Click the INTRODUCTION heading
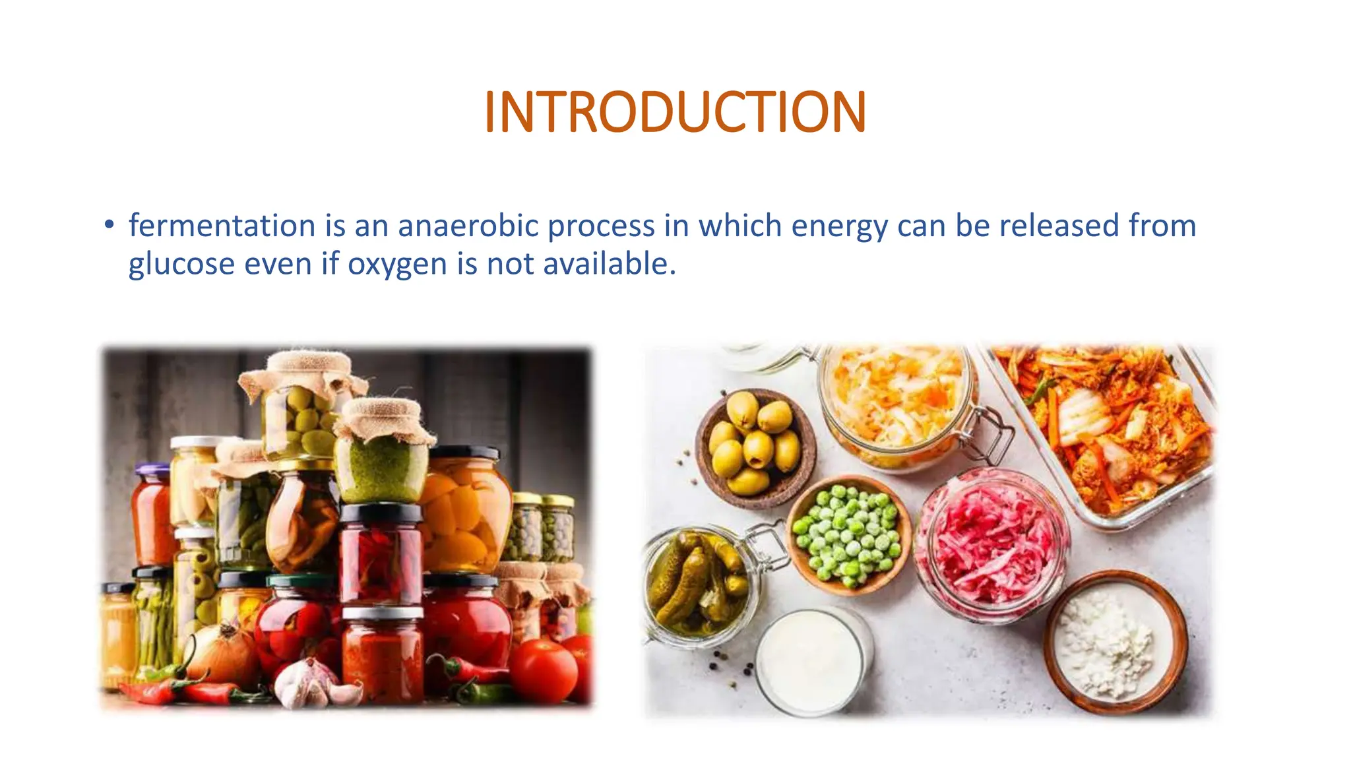(x=675, y=112)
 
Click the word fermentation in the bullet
(x=222, y=226)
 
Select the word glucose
(x=181, y=264)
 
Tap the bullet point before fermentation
(x=110, y=224)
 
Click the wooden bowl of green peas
(x=848, y=534)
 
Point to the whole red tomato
(x=544, y=670)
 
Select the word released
(x=1059, y=226)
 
